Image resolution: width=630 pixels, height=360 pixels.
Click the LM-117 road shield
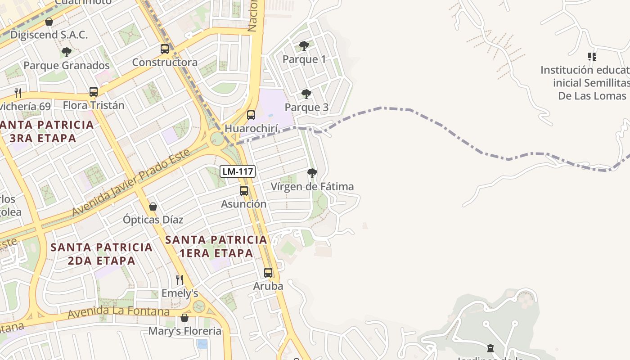[x=238, y=171]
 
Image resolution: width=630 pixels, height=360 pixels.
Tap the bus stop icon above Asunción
[x=244, y=191]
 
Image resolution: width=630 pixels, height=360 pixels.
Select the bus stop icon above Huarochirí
[x=251, y=115]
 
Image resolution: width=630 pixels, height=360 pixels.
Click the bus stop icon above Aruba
[x=268, y=273]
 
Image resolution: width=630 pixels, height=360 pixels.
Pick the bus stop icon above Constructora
[x=165, y=49]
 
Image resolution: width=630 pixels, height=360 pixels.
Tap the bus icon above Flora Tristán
[x=94, y=92]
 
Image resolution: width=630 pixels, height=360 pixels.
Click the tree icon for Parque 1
[x=304, y=46]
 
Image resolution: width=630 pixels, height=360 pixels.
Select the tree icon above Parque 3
[x=306, y=94]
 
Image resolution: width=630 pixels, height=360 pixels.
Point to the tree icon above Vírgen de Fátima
[x=312, y=173]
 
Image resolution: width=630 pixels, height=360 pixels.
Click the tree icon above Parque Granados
[x=67, y=52]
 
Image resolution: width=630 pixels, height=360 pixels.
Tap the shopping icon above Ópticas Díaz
[x=153, y=207]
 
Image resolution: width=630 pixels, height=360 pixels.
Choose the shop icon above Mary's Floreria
[x=184, y=318]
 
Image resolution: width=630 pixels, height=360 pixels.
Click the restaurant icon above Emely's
[x=180, y=279]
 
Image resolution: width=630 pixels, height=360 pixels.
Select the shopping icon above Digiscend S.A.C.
[x=49, y=22]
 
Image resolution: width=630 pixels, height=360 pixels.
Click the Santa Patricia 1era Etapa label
[x=216, y=246]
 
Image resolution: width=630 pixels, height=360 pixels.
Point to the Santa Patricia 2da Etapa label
[x=102, y=254]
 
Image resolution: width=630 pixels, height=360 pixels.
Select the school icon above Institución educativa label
[x=592, y=57]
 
